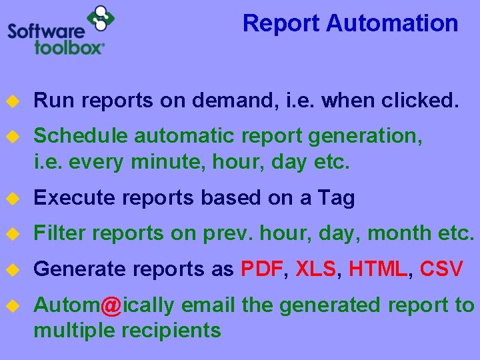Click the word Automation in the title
pos(392,23)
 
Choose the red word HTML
pos(378,269)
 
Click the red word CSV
pos(441,269)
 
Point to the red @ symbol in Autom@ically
pos(111,306)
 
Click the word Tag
pos(336,198)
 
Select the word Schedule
pos(81,136)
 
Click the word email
pos(209,305)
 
